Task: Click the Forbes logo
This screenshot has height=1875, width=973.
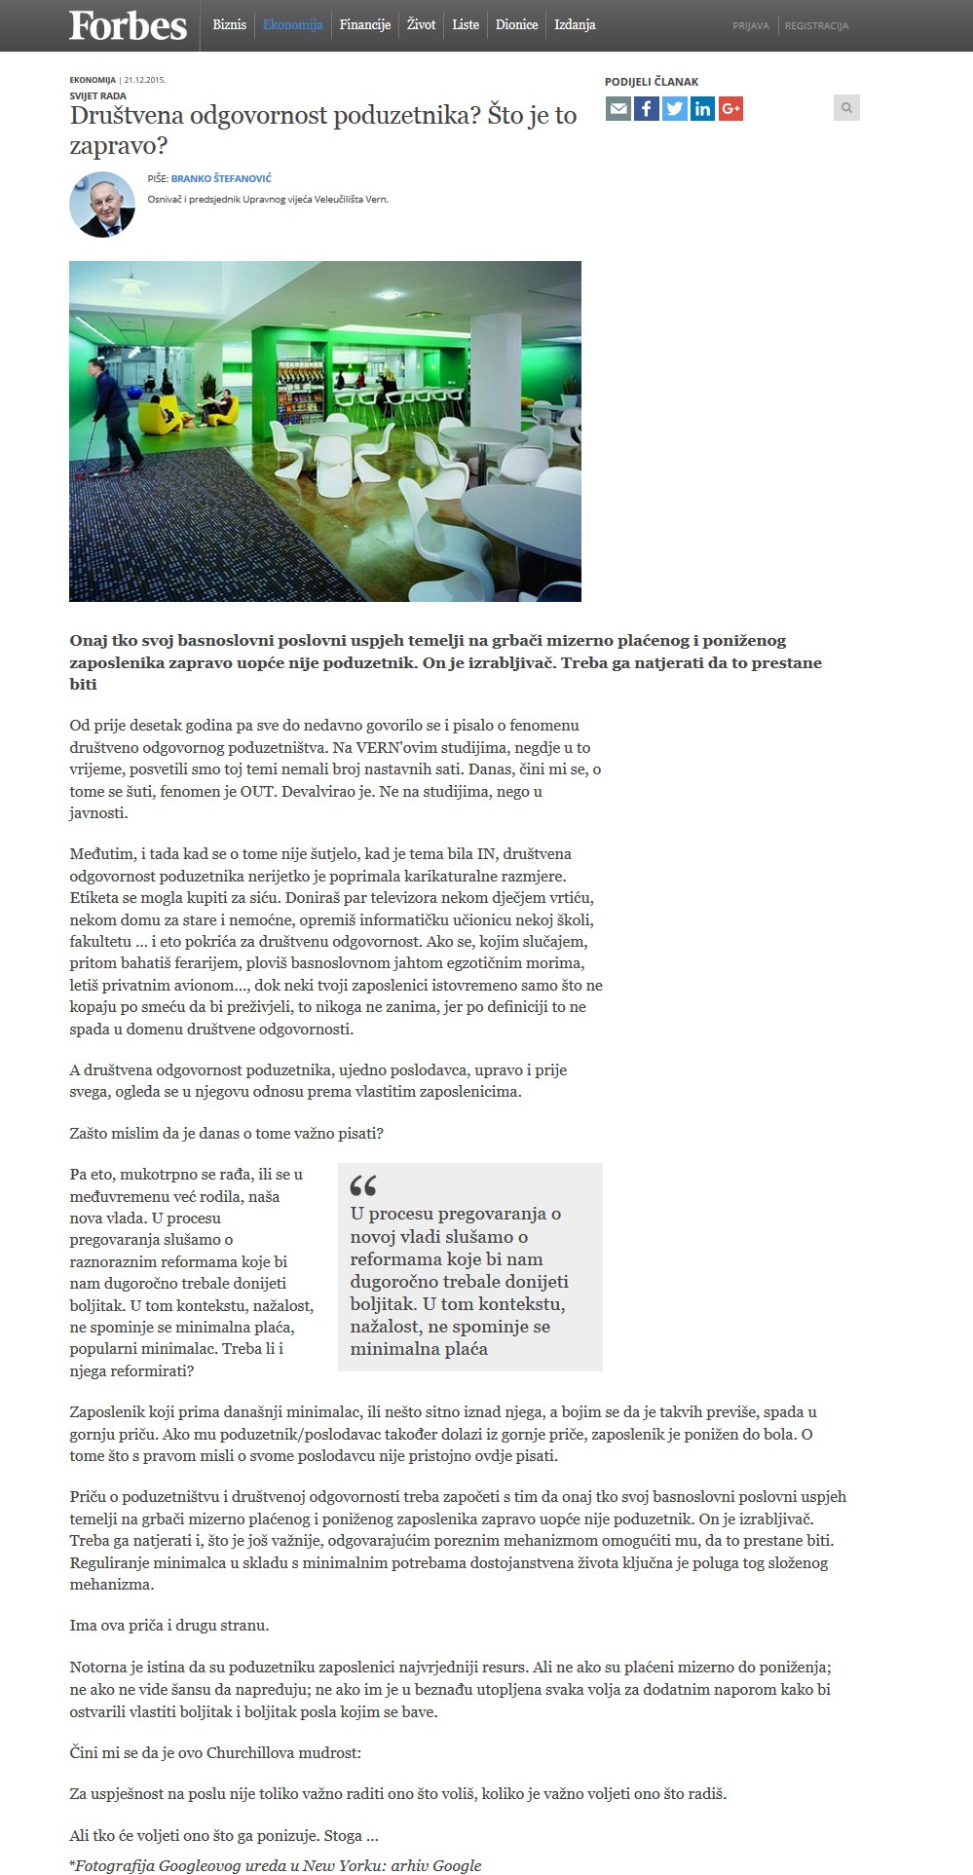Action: click(x=128, y=26)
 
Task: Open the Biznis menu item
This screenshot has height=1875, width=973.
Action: click(x=230, y=25)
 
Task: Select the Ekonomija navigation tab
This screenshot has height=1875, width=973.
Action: click(x=292, y=25)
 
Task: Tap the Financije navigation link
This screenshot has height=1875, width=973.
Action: click(x=365, y=25)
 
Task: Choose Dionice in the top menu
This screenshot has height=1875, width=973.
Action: click(x=516, y=25)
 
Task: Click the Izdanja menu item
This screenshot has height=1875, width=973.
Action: click(x=575, y=25)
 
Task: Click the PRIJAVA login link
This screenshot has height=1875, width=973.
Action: click(x=751, y=26)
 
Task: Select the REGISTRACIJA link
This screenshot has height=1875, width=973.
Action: click(x=816, y=26)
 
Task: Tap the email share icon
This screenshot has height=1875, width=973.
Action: click(x=617, y=108)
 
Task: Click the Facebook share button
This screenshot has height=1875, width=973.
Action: click(x=646, y=108)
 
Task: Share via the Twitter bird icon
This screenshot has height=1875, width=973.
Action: click(x=674, y=108)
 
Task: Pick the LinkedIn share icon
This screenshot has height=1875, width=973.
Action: click(x=702, y=108)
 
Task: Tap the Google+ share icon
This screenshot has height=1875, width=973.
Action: click(x=730, y=108)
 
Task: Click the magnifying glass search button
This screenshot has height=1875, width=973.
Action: click(x=846, y=108)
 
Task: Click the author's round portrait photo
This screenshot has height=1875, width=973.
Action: click(x=102, y=205)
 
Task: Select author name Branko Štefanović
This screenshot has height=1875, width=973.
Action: click(x=221, y=179)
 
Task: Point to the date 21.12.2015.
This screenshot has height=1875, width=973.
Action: click(x=144, y=81)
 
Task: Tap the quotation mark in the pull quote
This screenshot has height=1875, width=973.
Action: click(x=362, y=1184)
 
